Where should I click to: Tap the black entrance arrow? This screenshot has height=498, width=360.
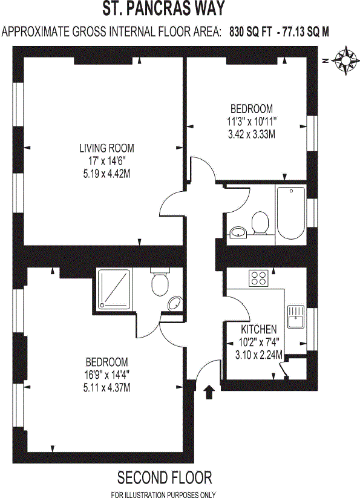click(209, 392)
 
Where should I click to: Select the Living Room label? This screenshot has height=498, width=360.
click(106, 148)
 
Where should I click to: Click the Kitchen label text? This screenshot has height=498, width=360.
click(259, 330)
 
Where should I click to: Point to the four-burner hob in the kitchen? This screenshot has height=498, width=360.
click(259, 278)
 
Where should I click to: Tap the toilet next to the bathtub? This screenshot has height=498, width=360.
click(261, 222)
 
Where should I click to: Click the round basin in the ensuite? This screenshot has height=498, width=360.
click(174, 304)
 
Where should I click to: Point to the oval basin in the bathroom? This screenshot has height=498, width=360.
click(238, 231)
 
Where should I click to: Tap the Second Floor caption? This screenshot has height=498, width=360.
click(165, 478)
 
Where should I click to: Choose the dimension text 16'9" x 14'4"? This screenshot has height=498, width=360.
click(106, 375)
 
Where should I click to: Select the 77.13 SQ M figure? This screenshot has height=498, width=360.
click(307, 32)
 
